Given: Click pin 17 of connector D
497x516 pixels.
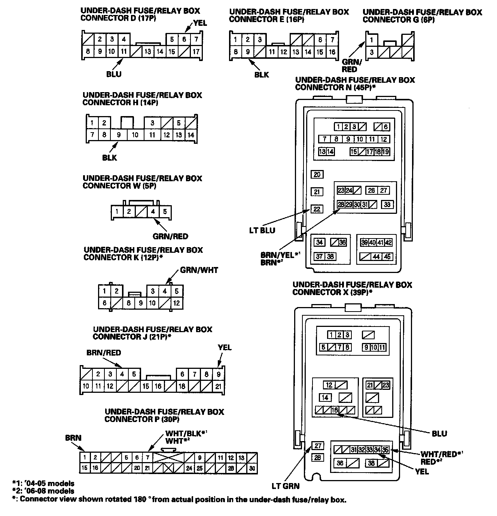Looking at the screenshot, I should click(196, 52).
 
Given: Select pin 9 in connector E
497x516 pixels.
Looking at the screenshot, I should click(247, 52).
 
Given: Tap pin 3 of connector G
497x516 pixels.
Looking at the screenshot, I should click(372, 52).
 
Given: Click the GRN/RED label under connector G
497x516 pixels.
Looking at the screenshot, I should click(350, 66).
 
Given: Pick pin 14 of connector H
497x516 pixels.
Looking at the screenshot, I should click(191, 135).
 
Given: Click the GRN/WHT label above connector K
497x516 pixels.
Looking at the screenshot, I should click(199, 270).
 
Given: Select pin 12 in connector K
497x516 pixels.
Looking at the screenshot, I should click(176, 303).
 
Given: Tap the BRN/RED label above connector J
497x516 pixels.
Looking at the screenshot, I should click(104, 353).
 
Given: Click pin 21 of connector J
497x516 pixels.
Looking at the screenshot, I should click(218, 386).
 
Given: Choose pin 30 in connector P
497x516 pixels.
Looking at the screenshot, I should click(252, 468).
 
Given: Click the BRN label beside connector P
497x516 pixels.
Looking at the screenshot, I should click(73, 438).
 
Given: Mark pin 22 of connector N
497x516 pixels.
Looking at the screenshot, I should click(317, 209).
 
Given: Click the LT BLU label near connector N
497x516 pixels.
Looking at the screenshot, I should click(262, 230).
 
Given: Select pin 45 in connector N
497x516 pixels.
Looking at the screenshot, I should click(387, 257).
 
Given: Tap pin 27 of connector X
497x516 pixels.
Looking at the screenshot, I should click(318, 446).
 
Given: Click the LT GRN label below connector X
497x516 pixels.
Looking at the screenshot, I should click(286, 486).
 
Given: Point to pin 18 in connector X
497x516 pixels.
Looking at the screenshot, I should click(335, 410).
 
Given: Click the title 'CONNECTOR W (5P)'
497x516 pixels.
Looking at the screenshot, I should click(119, 186).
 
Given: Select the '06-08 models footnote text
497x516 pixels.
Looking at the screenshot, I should click(43, 491).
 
